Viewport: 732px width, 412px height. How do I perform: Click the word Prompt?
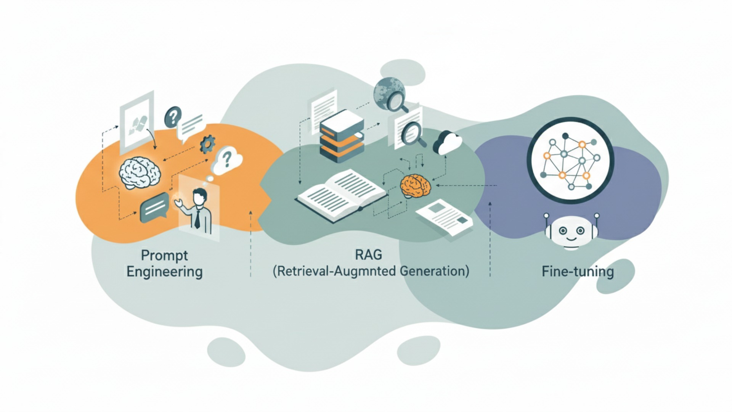pos(164,256)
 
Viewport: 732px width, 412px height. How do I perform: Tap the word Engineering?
pos(164,272)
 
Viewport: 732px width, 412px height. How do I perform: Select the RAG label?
pos(368,254)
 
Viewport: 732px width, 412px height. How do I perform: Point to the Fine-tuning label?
pos(578,272)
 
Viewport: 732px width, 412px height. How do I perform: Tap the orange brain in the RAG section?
pos(416,186)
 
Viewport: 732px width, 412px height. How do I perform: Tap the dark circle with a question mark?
pos(173,117)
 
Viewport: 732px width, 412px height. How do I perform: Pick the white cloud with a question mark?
pos(227,159)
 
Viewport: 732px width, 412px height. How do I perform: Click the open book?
pos(341,195)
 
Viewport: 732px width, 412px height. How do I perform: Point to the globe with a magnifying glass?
pos(390,93)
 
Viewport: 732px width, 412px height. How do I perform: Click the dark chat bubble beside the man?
pos(154,207)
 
